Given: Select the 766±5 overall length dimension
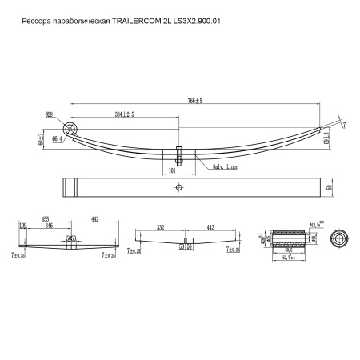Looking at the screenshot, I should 189,101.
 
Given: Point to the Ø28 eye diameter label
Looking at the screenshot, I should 50,115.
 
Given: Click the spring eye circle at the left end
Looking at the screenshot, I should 73,129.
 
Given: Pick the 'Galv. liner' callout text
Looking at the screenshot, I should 225,166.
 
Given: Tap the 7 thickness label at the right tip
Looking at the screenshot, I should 345,125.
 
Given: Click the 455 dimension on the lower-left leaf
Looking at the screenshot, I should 46,219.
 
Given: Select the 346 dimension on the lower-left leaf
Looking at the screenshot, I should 51,227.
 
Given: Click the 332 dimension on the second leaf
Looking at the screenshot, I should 162,227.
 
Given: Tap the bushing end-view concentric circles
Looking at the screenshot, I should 341,238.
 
